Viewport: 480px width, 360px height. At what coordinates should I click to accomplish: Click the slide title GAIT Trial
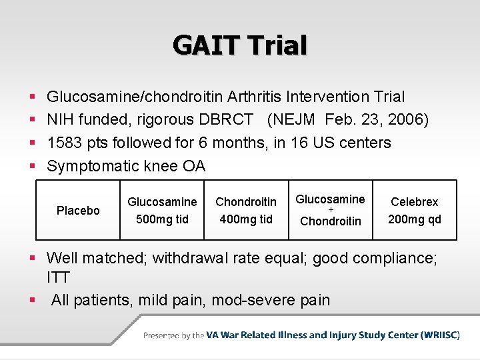pyautogui.click(x=240, y=45)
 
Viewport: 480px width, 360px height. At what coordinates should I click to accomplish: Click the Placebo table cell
pyautogui.click(x=78, y=211)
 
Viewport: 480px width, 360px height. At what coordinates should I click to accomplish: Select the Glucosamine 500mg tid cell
pyautogui.click(x=162, y=210)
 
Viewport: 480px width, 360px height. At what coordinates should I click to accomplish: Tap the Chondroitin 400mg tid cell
pyautogui.click(x=246, y=210)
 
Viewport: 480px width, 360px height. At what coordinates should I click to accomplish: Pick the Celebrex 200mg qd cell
pyautogui.click(x=415, y=210)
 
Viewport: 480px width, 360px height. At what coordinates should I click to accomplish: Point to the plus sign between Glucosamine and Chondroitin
pyautogui.click(x=330, y=210)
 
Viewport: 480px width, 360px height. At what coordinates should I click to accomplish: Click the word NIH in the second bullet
pyautogui.click(x=60, y=120)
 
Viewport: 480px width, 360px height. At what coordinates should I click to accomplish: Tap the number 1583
pyautogui.click(x=65, y=143)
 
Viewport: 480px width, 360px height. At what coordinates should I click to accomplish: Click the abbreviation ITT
pyautogui.click(x=59, y=277)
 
